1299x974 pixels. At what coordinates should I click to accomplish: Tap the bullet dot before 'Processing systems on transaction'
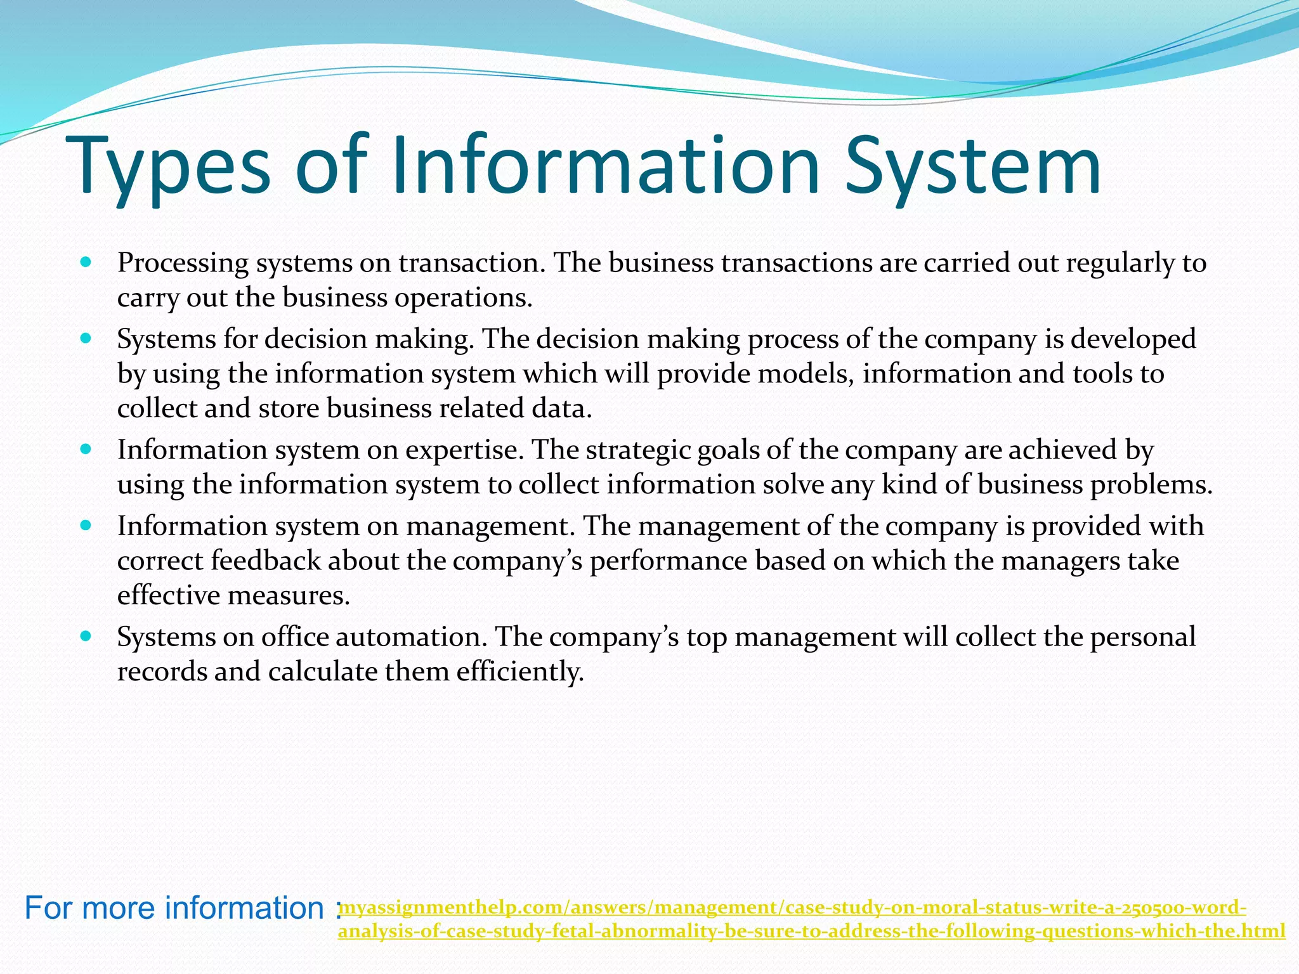click(x=87, y=261)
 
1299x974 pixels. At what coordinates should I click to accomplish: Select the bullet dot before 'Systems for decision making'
click(x=87, y=338)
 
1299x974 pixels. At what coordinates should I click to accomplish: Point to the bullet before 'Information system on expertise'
click(x=87, y=449)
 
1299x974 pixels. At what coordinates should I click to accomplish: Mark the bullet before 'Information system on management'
click(x=87, y=525)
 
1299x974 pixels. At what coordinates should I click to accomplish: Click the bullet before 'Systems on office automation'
click(x=87, y=635)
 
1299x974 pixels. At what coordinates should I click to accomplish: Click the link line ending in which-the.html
click(x=811, y=931)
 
